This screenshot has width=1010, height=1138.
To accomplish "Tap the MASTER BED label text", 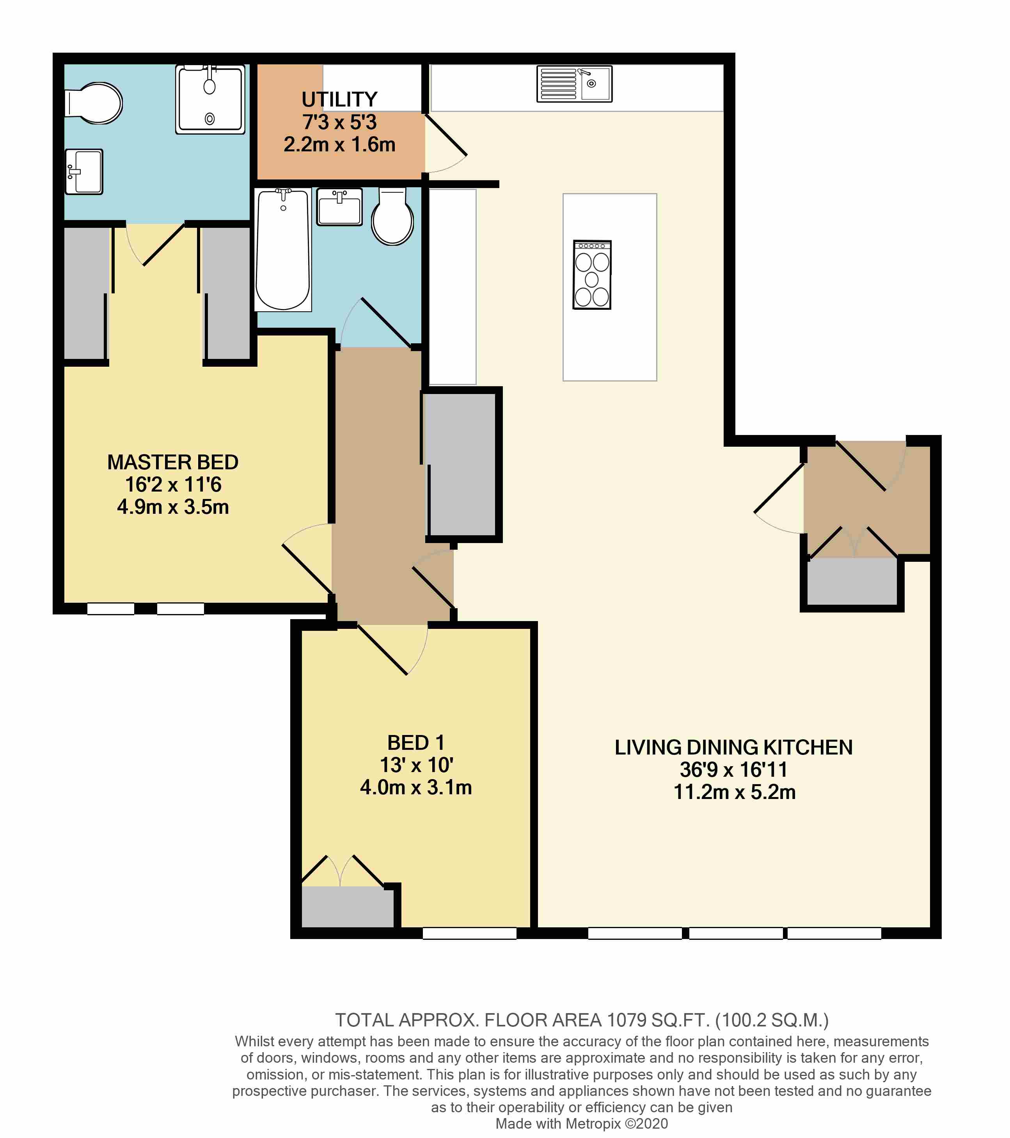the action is (172, 462).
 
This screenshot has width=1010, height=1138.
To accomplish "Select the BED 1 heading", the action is (416, 743).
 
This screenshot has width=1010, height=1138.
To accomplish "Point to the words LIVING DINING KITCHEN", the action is (733, 747).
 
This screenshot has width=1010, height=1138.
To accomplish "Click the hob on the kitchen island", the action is (592, 275).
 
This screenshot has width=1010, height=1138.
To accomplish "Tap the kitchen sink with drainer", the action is (574, 84).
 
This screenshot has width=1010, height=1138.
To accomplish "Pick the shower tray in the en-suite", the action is (210, 99).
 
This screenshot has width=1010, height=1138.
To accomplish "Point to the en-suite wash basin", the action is (84, 172).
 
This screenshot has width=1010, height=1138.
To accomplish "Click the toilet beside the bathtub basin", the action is (392, 216).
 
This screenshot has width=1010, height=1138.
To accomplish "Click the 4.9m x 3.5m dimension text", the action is (172, 507).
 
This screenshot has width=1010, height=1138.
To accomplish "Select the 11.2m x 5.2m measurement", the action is (735, 792).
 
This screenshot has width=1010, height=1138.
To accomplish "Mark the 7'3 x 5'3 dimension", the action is (340, 122).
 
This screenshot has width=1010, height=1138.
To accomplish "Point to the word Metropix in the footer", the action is (593, 1124).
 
